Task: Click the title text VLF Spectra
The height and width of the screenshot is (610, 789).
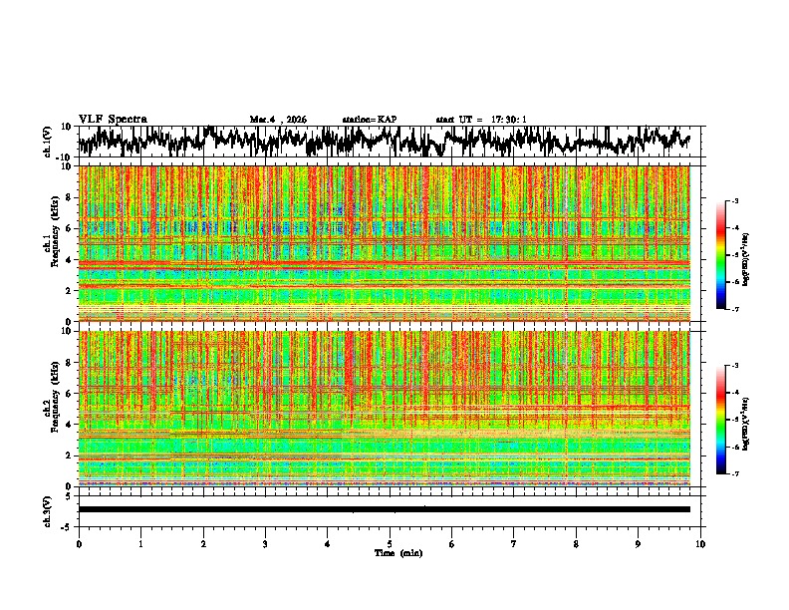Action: click(x=113, y=119)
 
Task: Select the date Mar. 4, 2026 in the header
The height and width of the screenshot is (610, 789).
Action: click(x=278, y=120)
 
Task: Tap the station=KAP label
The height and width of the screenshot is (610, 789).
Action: click(x=369, y=120)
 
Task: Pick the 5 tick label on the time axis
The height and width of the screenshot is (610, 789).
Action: click(x=391, y=543)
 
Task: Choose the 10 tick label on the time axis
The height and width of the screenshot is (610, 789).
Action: click(x=700, y=543)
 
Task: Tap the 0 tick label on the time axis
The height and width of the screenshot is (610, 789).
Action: click(x=79, y=543)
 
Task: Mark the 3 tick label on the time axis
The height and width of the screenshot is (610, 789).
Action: click(x=265, y=543)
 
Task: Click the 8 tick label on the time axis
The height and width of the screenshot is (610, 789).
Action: click(x=576, y=543)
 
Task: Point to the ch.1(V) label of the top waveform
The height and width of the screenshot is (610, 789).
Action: click(x=48, y=142)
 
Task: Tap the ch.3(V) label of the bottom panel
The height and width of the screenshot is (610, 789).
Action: click(x=48, y=509)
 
